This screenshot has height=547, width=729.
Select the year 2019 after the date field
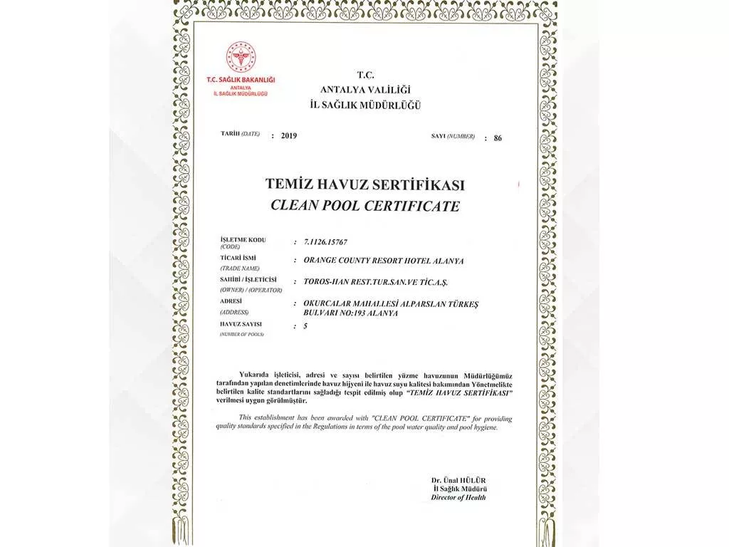[289, 135]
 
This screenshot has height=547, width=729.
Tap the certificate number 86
[497, 137]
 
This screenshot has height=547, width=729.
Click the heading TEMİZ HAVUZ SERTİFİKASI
[364, 184]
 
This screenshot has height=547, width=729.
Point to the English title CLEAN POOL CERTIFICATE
[364, 207]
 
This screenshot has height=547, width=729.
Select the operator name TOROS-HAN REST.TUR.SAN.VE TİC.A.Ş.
[377, 282]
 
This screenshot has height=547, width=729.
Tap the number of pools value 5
[305, 325]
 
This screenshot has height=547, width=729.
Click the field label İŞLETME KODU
[243, 240]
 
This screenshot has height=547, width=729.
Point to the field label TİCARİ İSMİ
[238, 259]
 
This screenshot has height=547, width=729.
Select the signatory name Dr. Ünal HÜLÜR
[458, 481]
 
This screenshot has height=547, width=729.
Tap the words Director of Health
[458, 498]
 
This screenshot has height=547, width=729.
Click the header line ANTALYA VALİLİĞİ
[364, 89]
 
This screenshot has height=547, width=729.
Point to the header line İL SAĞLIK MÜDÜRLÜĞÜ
[364, 105]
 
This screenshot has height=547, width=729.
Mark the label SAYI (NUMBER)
[452, 135]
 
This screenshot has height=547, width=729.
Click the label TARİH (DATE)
[241, 134]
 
